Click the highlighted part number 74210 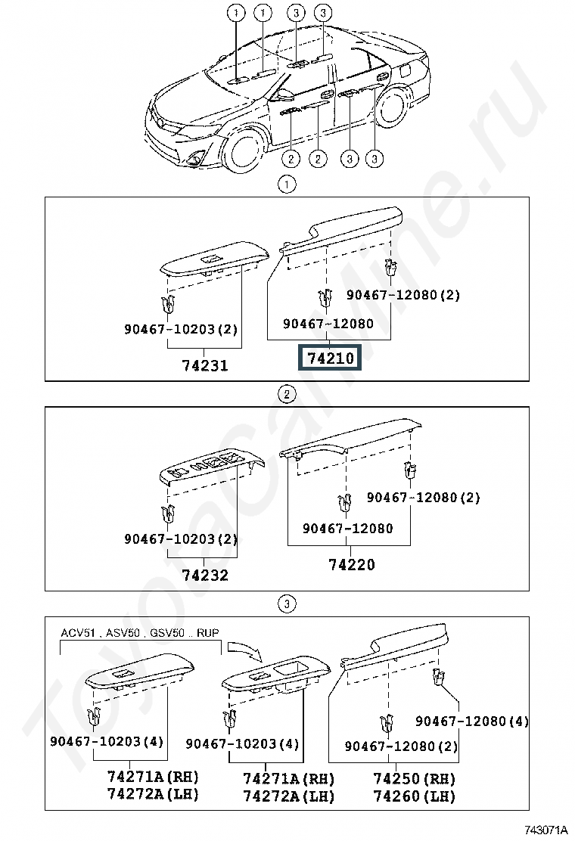(x=331, y=358)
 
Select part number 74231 (x=205, y=365)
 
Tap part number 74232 (x=205, y=575)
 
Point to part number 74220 (x=351, y=564)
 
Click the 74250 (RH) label (x=414, y=778)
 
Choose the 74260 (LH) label (x=414, y=796)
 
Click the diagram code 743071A (x=545, y=830)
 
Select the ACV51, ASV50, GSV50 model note (x=140, y=633)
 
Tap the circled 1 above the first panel (x=287, y=185)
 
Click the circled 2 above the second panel (x=287, y=395)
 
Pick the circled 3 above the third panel (x=287, y=604)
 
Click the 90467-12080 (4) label (x=472, y=721)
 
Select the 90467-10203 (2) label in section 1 (x=181, y=329)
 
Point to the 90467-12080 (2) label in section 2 (x=423, y=497)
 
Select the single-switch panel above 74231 (x=214, y=260)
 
